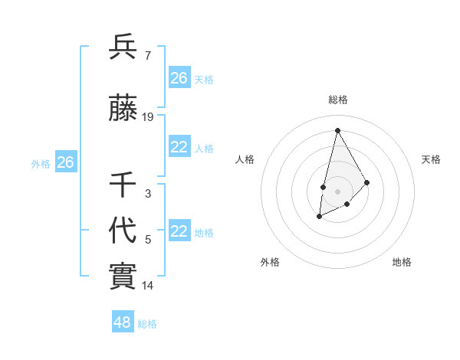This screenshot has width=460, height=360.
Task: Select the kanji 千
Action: tap(123, 185)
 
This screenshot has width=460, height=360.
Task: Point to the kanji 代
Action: tap(123, 230)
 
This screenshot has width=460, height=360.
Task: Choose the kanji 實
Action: tap(123, 276)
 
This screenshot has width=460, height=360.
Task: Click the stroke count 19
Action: tap(148, 117)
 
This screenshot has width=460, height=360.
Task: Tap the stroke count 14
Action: tap(148, 286)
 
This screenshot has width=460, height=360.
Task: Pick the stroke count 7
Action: tap(147, 55)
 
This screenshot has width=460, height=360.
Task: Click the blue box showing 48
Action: tap(123, 322)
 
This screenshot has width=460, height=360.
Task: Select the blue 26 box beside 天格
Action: tap(179, 78)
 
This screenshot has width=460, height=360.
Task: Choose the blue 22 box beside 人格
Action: tap(179, 147)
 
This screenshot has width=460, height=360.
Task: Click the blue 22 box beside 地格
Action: tap(179, 231)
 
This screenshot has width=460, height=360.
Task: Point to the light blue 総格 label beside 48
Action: tap(147, 324)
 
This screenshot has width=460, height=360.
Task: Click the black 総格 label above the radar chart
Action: tap(338, 100)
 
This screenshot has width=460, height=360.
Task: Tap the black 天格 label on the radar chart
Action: tap(432, 159)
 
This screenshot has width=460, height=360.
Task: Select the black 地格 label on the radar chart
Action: tap(402, 262)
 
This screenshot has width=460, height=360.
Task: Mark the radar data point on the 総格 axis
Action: tap(337, 131)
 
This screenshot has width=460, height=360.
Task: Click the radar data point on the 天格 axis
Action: tap(367, 182)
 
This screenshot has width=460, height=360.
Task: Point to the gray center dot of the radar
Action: tap(337, 191)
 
